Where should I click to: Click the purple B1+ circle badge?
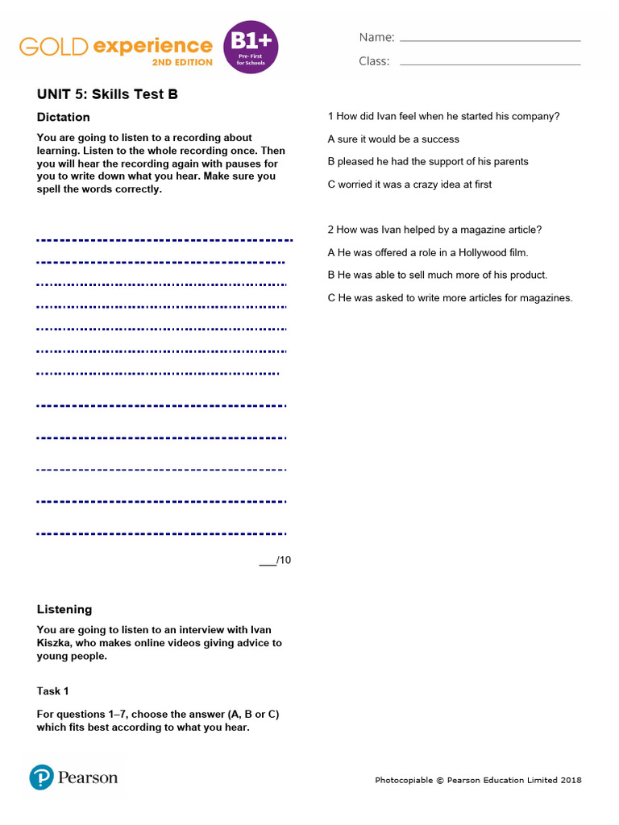(x=251, y=47)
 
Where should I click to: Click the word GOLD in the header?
(x=53, y=46)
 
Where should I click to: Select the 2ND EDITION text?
(x=182, y=62)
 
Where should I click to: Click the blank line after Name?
(x=490, y=39)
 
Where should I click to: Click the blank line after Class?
(x=490, y=64)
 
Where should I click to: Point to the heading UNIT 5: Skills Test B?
(x=107, y=94)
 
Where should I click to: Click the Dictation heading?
(x=64, y=117)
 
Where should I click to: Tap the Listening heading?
(x=64, y=609)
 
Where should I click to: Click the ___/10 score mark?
(x=275, y=560)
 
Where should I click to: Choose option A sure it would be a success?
(x=393, y=139)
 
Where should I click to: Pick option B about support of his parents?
(x=428, y=162)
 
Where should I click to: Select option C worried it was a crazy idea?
(x=409, y=184)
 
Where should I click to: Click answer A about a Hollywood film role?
(x=428, y=252)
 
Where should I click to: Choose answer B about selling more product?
(x=438, y=275)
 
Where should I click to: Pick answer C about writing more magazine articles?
(x=450, y=297)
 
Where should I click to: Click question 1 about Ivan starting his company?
(x=443, y=116)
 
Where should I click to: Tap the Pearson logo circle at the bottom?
(x=42, y=777)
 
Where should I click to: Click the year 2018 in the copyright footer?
(x=571, y=780)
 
